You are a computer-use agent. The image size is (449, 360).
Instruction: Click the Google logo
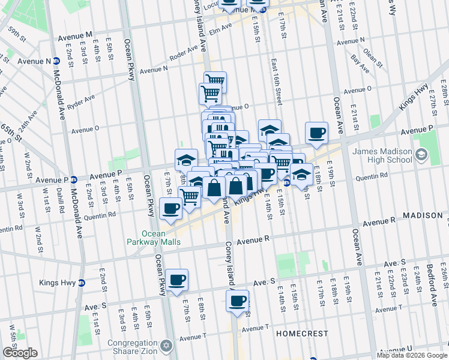point(20,353)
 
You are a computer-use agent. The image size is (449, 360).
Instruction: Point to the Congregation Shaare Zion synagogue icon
point(167,346)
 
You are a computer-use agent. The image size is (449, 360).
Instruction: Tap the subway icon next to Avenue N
point(56,61)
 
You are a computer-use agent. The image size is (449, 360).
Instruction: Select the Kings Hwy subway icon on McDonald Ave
point(82,283)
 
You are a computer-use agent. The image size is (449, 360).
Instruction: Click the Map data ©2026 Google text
point(412,355)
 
